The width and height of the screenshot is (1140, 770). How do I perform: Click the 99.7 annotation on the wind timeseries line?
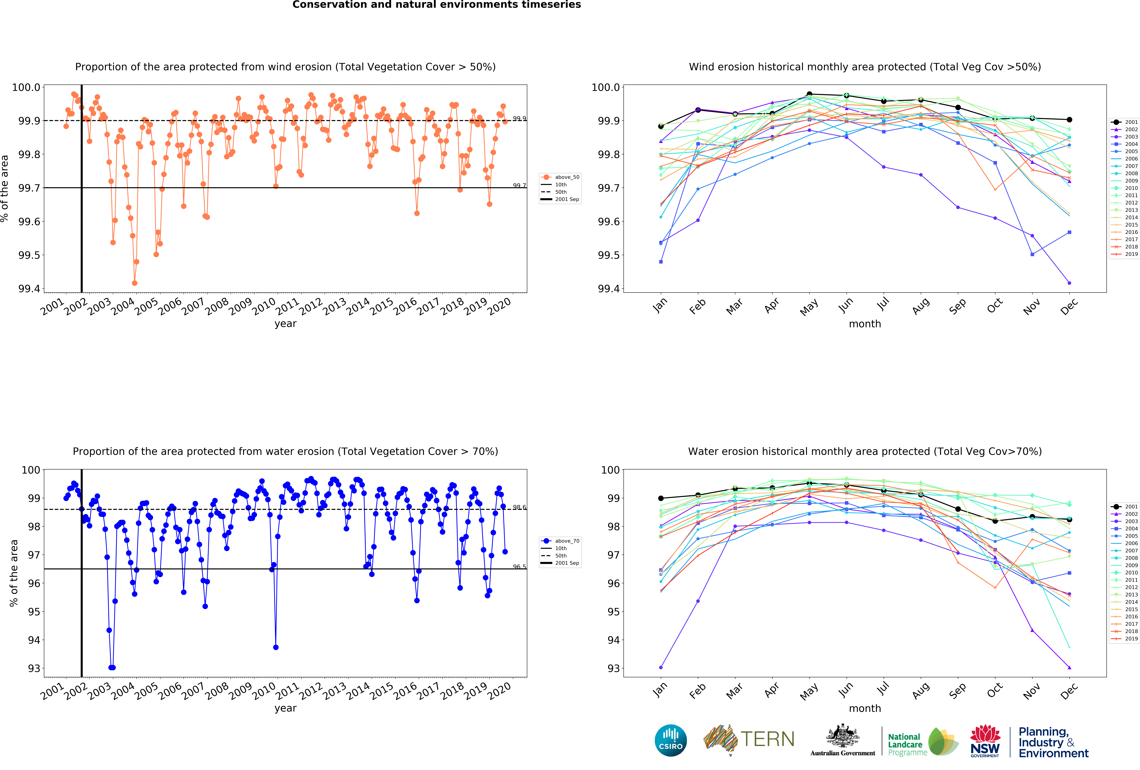point(519,185)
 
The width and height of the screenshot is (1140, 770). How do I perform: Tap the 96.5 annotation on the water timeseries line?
point(519,566)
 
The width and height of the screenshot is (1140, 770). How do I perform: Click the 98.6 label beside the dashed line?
point(519,507)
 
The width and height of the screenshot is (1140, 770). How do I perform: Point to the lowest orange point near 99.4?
point(134,283)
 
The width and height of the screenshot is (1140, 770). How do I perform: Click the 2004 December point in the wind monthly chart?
point(1069,232)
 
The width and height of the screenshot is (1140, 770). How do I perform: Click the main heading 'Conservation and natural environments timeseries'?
point(437,5)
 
